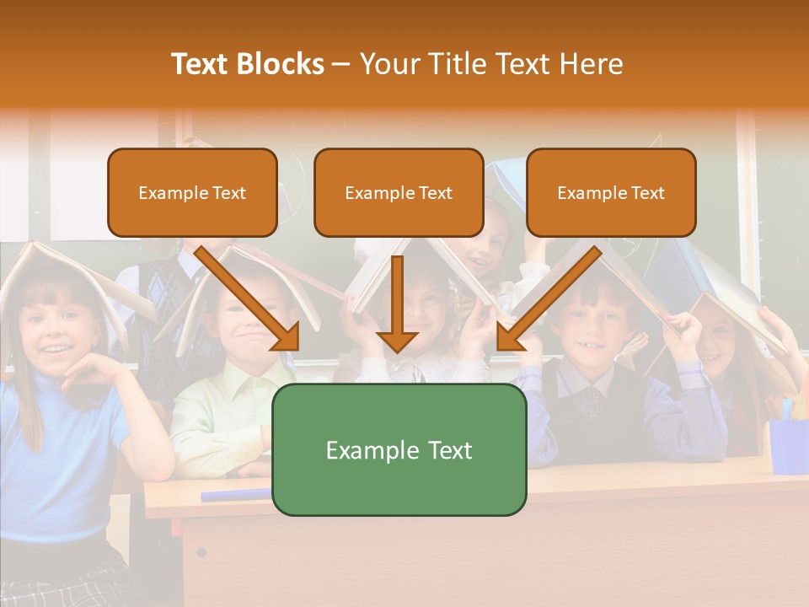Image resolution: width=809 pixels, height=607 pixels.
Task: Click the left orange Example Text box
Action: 192,192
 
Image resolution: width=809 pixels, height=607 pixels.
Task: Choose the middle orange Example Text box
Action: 399,192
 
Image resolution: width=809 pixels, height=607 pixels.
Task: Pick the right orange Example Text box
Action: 611,192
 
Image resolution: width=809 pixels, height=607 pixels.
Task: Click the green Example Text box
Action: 399,449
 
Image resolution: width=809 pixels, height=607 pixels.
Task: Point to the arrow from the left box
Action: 249,298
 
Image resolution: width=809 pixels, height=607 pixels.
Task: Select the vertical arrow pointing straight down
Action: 398,303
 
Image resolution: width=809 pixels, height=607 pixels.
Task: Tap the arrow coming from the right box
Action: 548,298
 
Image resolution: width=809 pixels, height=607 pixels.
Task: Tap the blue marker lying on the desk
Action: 236,494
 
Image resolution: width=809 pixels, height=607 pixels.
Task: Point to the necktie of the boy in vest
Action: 594,400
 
